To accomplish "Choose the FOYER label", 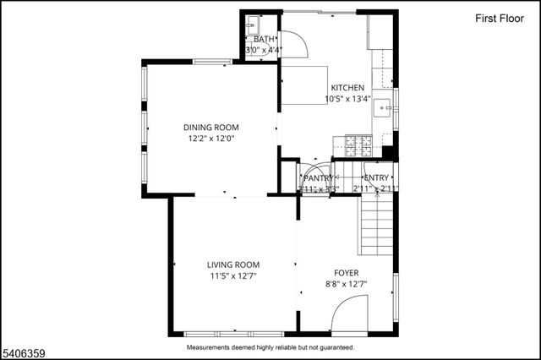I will [x=346, y=273].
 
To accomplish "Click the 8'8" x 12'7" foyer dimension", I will [x=346, y=284].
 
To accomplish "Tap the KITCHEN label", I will [x=347, y=88].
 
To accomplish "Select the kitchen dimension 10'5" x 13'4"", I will [x=347, y=99].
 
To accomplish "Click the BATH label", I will [x=264, y=39].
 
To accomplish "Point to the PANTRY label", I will [x=319, y=178].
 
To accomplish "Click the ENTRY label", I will [x=375, y=177].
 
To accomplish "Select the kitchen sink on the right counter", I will [x=385, y=107].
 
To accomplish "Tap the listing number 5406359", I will [x=25, y=346].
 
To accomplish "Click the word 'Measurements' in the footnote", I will [x=212, y=346].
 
